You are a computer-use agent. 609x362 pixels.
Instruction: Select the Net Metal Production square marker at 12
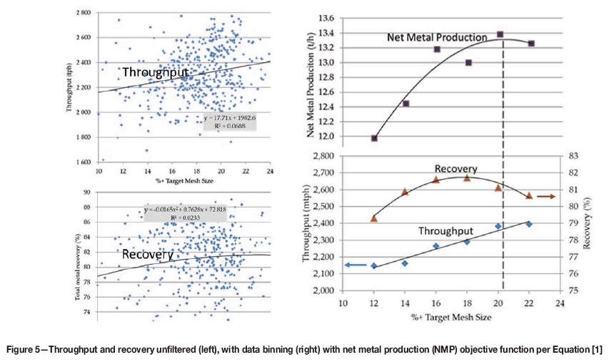[374, 138]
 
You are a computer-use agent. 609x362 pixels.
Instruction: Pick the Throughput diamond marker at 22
[530, 224]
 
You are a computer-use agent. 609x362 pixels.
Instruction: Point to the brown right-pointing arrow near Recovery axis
[545, 195]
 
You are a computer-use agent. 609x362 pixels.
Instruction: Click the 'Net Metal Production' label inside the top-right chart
[437, 36]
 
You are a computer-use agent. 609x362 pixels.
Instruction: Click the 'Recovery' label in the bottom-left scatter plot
[147, 254]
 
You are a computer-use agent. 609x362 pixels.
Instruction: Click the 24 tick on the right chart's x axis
[562, 303]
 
